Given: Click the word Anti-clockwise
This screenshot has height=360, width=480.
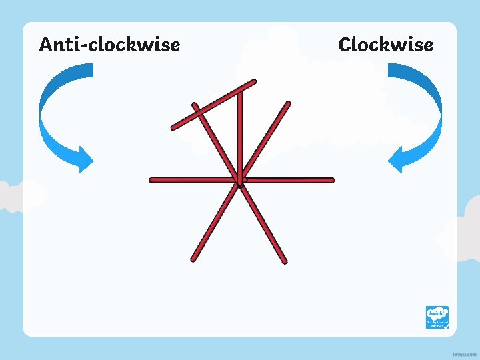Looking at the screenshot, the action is coord(109,45).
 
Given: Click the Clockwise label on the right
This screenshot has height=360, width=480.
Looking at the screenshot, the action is coord(385,45).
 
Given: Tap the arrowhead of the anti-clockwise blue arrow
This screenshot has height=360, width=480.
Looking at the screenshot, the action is coord(85,159).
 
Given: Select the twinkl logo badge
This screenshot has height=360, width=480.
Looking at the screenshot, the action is coord(437,317).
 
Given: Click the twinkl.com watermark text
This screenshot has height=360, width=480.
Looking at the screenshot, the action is coord(464,353).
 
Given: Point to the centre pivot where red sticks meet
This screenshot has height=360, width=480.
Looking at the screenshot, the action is coord(241,180).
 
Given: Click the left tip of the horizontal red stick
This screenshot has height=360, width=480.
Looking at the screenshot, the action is coord(152,180).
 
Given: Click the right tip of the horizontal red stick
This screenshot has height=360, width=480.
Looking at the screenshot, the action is coord(331,180).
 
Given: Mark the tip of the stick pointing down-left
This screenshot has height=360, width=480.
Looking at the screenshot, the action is coord(193,259).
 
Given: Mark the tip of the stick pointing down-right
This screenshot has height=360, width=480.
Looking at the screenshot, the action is coord(285,260).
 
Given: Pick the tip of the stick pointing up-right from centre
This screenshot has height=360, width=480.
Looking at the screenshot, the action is coord(289,103).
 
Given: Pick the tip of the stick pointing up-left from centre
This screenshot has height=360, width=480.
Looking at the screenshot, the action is coord(194,105).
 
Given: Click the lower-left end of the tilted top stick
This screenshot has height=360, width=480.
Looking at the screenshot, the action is coord(173,127).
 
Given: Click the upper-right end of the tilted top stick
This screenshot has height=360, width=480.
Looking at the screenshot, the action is coord(254,81).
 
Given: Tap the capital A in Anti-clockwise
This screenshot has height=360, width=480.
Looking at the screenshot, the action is coord(45,45).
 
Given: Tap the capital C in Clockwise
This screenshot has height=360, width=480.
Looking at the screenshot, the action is coord(345,45).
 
